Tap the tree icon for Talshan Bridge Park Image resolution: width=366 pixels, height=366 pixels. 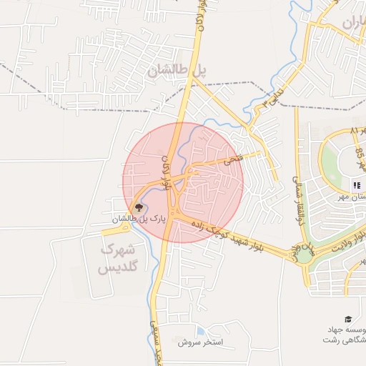click(139, 207)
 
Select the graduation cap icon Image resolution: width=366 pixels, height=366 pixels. click(348, 319)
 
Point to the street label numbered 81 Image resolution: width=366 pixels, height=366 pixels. click(355, 131)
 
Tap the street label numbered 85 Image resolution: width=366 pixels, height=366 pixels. click(360, 152)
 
